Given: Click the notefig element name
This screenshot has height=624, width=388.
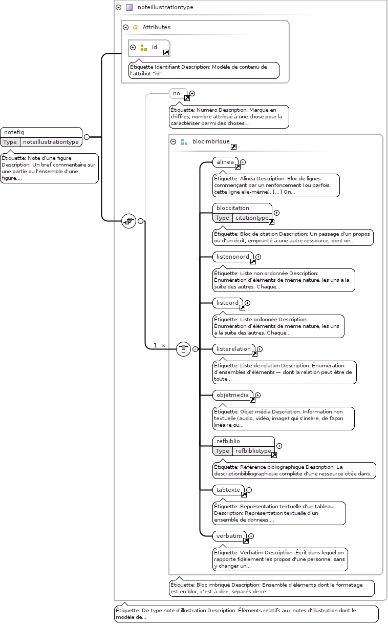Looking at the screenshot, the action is click(14, 132).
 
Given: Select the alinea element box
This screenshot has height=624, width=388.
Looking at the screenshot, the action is click(225, 162).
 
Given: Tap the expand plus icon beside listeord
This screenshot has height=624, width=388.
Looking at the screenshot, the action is click(247, 303).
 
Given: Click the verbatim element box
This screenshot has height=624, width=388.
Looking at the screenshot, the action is click(229, 536).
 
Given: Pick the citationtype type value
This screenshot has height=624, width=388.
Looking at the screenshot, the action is click(252, 218).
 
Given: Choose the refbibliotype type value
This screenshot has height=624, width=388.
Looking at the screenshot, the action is click(253, 451).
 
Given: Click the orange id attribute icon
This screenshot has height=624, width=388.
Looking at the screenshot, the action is click(144, 48).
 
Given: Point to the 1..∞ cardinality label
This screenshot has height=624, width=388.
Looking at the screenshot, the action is click(160, 345).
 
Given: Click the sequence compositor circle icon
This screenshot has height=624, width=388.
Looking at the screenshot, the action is click(128, 221).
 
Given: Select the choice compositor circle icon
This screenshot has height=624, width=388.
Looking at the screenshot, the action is click(183, 349).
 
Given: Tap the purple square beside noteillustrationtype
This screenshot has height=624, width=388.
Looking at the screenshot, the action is click(129, 7).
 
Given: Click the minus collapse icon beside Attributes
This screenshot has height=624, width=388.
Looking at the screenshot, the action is click(125, 27).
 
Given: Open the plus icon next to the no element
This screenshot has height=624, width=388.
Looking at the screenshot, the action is click(192, 94).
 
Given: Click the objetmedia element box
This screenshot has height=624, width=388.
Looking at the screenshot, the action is click(233, 395).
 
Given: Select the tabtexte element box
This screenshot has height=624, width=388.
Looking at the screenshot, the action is click(228, 490).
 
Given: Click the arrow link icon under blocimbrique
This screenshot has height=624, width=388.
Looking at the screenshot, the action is click(234, 147).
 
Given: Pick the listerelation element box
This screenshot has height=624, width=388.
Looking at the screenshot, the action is click(234, 349).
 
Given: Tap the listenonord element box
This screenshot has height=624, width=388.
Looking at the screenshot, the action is click(233, 257).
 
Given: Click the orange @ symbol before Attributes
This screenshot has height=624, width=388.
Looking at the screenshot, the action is click(136, 27).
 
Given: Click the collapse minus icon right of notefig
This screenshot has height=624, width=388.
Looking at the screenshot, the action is click(87, 137).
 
